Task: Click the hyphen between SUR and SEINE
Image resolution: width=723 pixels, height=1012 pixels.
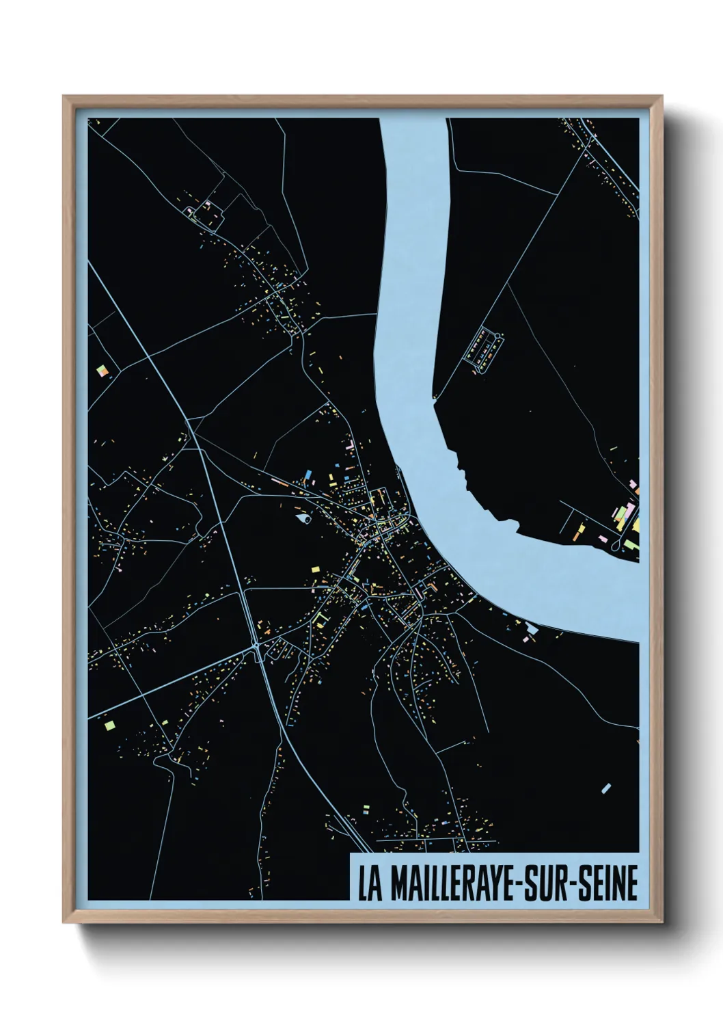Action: [571, 884]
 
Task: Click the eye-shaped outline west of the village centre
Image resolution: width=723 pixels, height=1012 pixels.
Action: [303, 518]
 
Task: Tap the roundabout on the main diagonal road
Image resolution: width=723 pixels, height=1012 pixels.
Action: [256, 645]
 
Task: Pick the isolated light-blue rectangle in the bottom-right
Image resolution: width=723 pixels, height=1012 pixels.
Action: [606, 788]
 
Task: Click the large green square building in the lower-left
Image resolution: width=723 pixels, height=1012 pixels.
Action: [110, 723]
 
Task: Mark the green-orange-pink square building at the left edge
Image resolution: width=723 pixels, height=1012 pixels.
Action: [103, 371]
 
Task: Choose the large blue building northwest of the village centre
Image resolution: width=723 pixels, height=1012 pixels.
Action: [308, 473]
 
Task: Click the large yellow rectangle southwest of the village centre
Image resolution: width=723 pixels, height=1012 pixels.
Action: [316, 569]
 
